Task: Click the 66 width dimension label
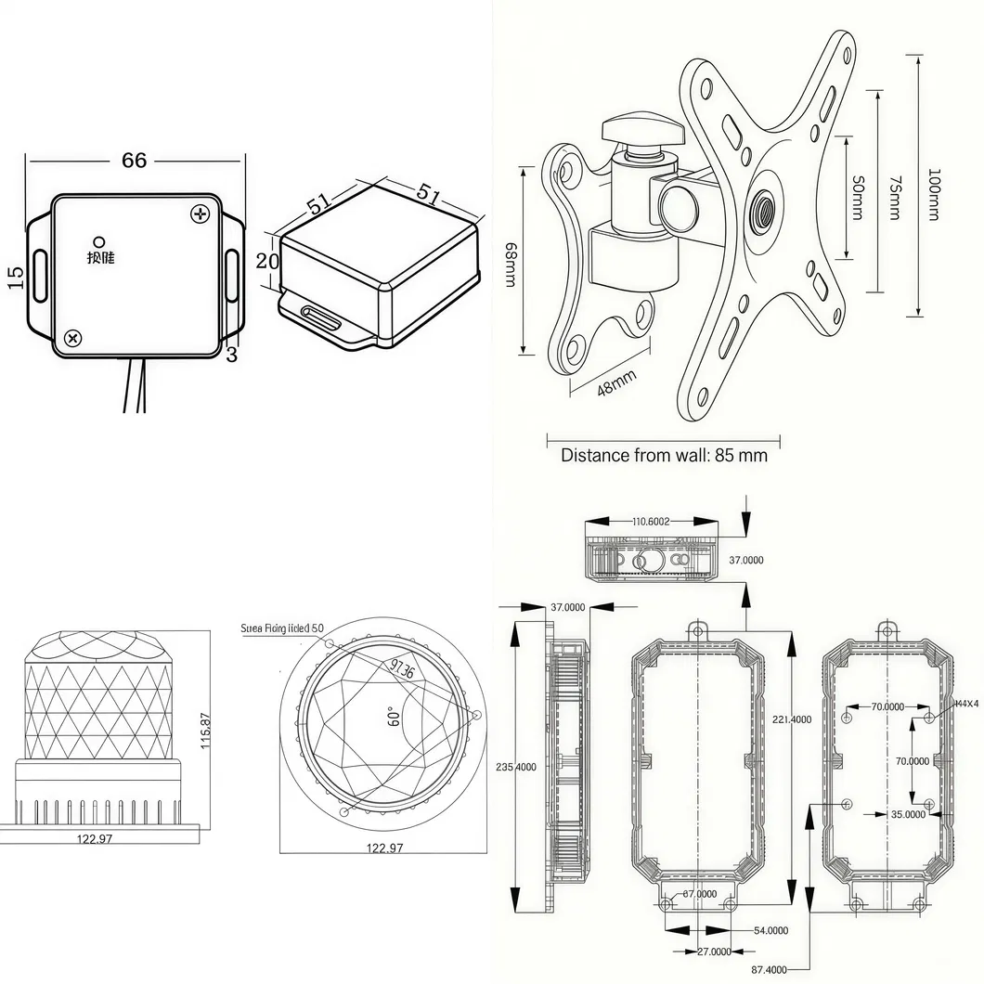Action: coord(134,161)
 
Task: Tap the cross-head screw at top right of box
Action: coord(201,214)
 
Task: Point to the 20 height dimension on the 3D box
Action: coord(267,262)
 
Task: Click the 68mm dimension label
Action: coord(510,265)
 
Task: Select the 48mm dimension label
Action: coord(616,383)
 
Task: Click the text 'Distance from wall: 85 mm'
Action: coord(664,456)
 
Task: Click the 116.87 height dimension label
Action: coord(205,732)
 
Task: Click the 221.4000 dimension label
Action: coord(792,719)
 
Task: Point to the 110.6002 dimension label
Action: coord(651,522)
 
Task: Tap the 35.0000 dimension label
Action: coord(908,814)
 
